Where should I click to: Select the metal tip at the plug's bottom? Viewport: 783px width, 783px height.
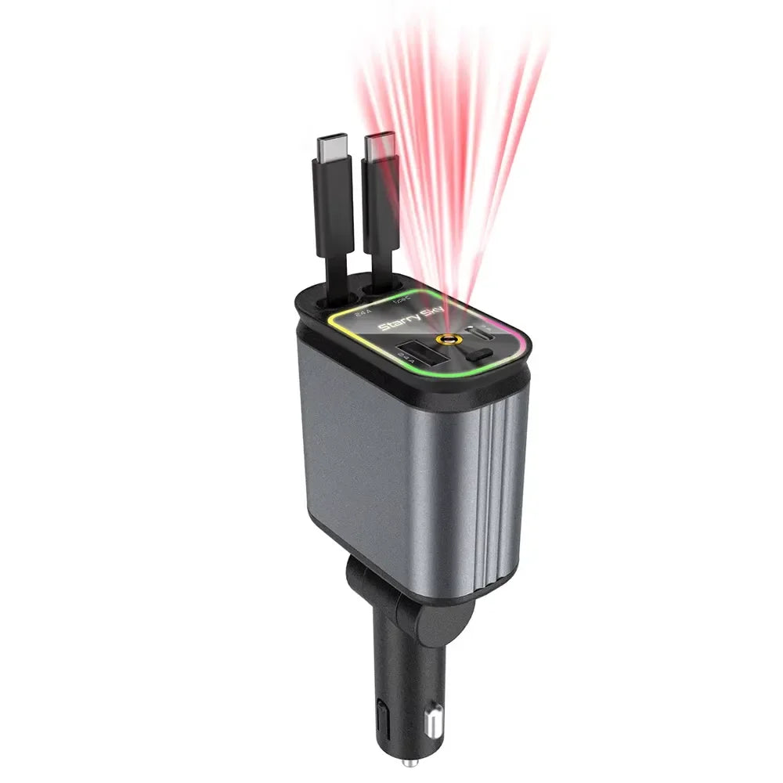click(406, 762)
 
